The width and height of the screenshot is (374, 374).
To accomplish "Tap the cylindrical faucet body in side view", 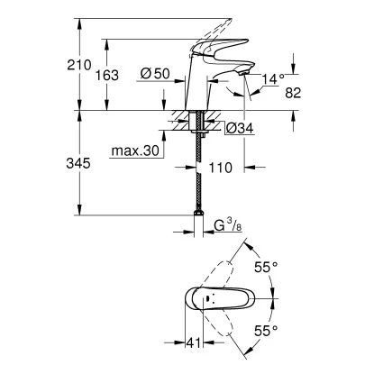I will pyautogui.click(x=196, y=90).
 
